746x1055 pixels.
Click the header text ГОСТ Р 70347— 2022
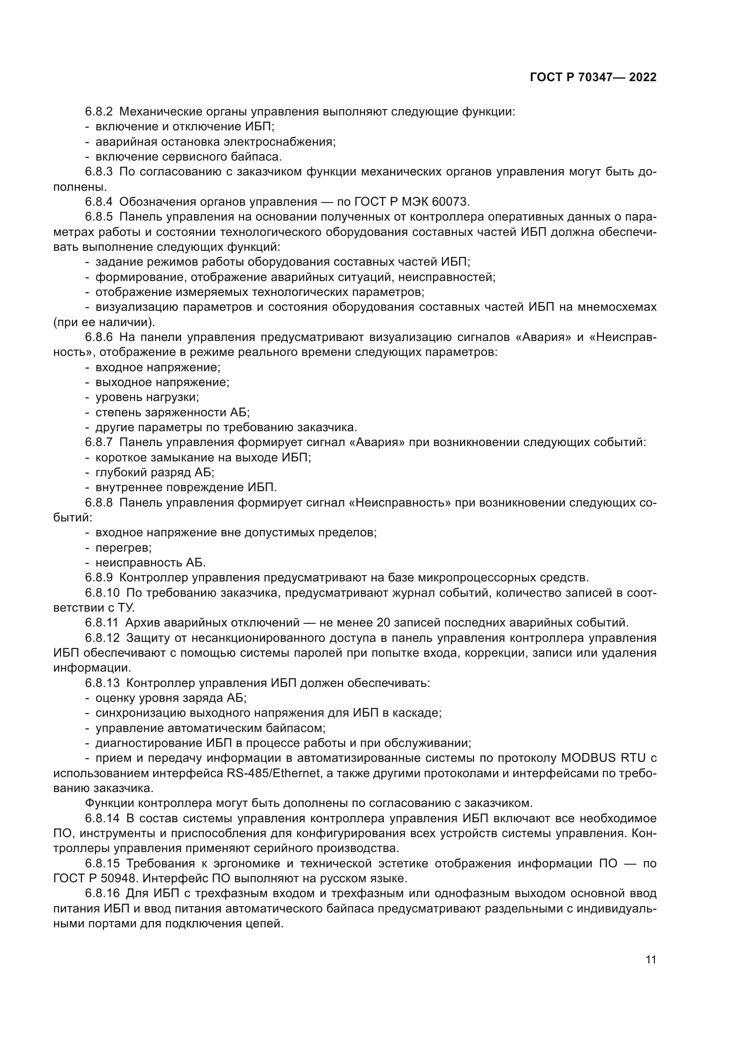click(x=593, y=77)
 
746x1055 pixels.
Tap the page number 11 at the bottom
click(x=650, y=960)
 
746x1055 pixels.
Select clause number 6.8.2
click(x=99, y=112)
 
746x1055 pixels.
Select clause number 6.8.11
click(x=102, y=622)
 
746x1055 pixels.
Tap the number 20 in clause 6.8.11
click(x=382, y=622)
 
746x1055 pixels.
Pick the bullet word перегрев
click(x=123, y=548)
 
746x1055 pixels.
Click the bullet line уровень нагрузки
click(x=147, y=397)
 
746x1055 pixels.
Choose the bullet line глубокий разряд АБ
click(x=155, y=472)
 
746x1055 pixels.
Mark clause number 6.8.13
click(x=102, y=683)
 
